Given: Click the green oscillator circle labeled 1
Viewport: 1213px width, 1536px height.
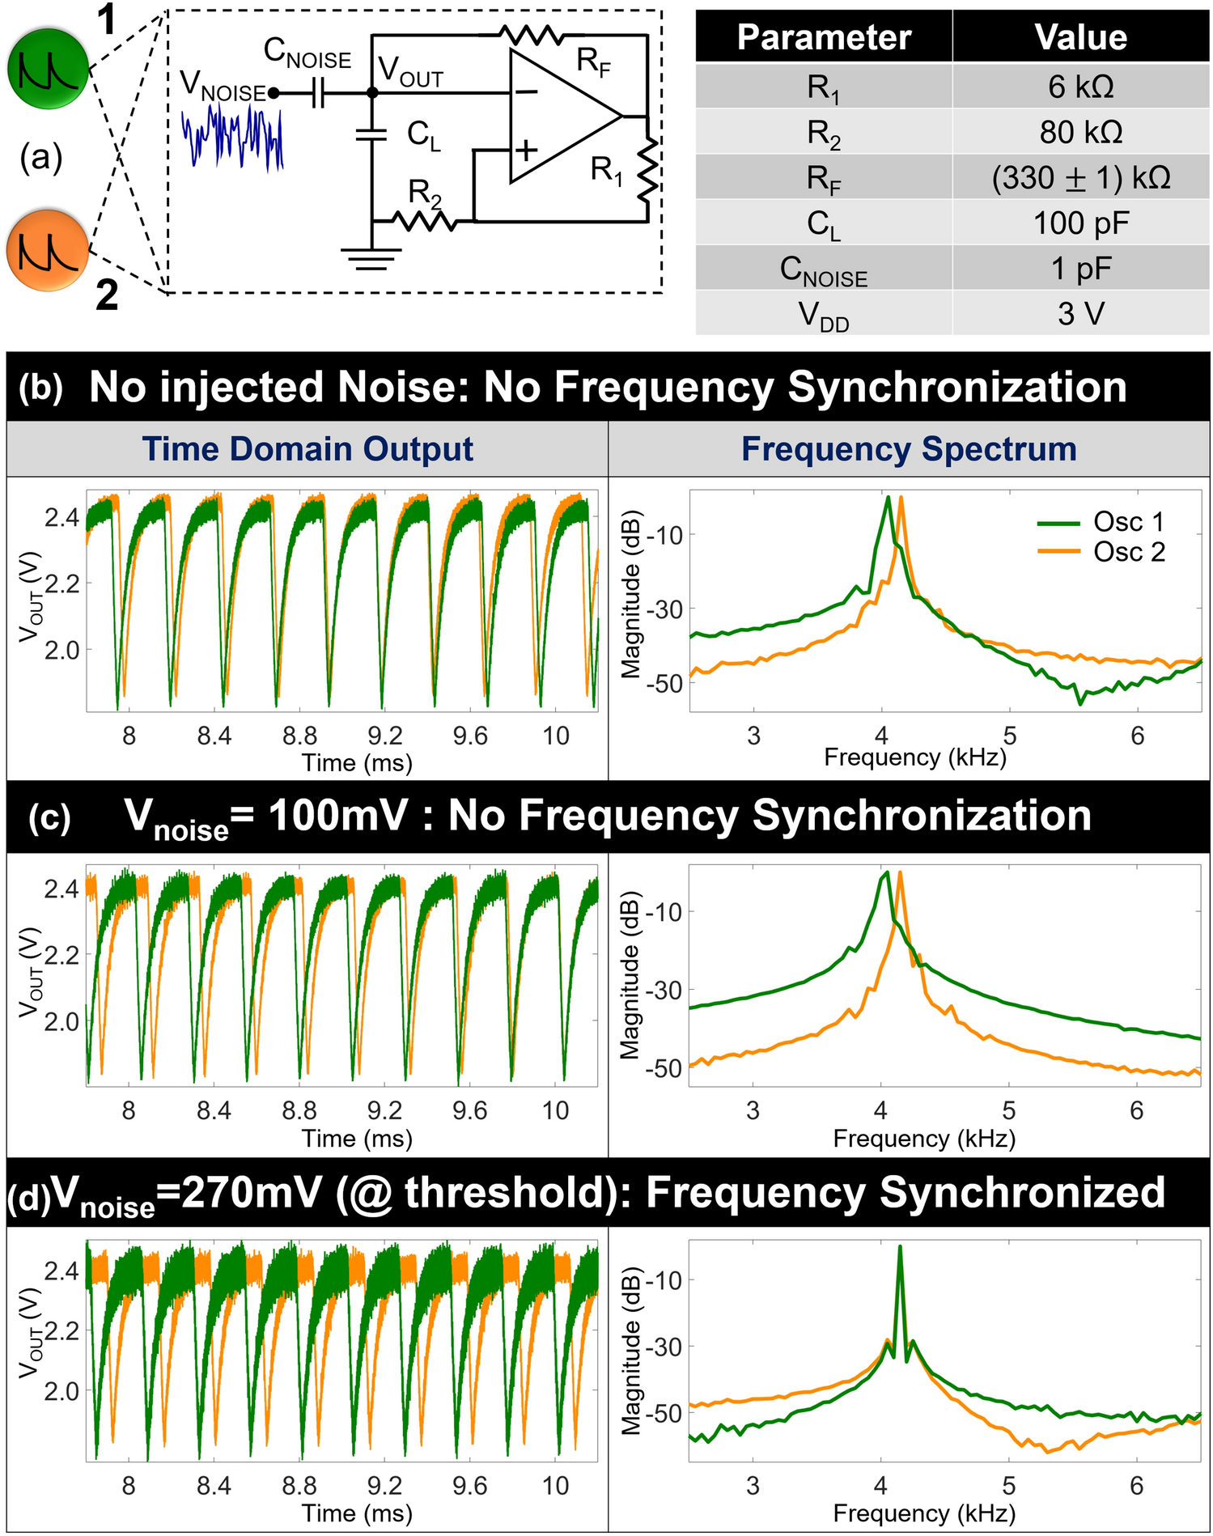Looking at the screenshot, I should (x=48, y=70).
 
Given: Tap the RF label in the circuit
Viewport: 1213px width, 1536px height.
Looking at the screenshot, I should (x=593, y=62).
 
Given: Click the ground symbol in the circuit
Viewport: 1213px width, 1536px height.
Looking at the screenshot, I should (x=371, y=258).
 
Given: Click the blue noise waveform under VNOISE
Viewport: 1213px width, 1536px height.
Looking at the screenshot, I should (x=232, y=137).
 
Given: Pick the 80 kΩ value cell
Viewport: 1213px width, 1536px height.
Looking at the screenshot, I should (x=1080, y=132).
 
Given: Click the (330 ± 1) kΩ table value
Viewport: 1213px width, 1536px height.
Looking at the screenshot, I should (x=1080, y=178).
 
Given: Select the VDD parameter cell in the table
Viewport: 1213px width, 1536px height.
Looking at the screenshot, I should (x=824, y=315).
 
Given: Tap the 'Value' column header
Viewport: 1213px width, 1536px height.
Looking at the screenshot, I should (x=1080, y=38).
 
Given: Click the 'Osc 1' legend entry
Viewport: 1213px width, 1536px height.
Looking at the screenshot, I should (x=1128, y=522).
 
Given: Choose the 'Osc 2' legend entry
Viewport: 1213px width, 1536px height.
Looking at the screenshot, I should (x=1128, y=552).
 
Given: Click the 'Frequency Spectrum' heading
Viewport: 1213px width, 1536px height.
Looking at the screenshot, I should (x=909, y=449).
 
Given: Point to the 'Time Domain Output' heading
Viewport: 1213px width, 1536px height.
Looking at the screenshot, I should (x=307, y=449).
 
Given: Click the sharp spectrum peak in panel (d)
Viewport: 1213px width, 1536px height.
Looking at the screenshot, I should (x=899, y=1250).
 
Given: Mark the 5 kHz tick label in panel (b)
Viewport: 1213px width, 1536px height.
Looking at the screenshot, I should (x=1009, y=736).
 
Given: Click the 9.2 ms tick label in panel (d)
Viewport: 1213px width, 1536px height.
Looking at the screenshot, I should (x=384, y=1486).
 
